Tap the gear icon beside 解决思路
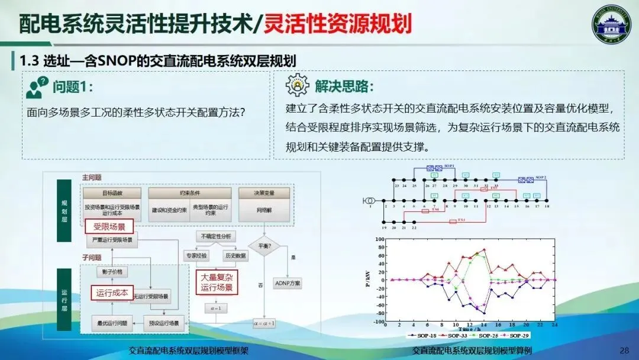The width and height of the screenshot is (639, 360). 296,86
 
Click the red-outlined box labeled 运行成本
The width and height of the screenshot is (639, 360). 112,292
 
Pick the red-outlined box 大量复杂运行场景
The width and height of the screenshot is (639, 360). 217,282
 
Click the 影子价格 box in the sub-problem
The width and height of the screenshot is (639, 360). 112,272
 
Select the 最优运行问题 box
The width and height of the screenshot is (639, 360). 112,323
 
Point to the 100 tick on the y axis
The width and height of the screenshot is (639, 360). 379,240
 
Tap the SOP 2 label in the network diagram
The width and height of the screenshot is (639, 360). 541,178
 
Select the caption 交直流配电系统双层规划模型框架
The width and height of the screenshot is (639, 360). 189,351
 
